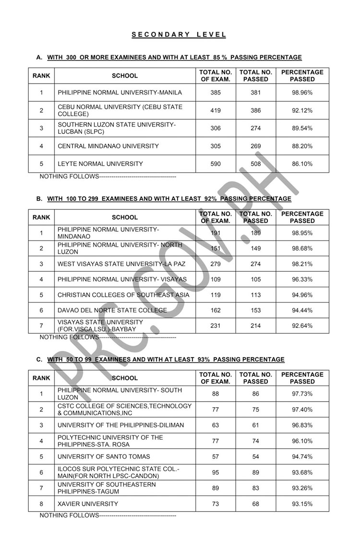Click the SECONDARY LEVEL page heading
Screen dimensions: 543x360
(179, 35)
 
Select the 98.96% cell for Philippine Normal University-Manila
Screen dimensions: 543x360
(302, 92)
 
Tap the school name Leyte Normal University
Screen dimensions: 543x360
(100, 164)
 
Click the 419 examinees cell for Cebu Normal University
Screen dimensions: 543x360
(216, 110)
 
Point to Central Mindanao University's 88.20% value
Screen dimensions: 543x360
(302, 146)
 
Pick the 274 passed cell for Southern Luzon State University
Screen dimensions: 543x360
(256, 128)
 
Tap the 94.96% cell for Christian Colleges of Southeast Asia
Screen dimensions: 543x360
(302, 295)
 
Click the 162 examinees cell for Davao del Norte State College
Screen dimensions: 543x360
(216, 310)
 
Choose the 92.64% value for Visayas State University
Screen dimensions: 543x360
(302, 326)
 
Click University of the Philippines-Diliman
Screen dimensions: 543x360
(120, 425)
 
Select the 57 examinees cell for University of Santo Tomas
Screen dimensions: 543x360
(216, 457)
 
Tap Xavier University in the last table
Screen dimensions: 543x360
(87, 504)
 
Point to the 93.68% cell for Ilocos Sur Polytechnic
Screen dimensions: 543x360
(302, 472)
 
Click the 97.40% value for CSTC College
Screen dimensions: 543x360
(302, 410)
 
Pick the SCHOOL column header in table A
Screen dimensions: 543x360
(125, 75)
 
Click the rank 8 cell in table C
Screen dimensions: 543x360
(41, 504)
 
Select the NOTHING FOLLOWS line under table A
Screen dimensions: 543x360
(108, 177)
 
